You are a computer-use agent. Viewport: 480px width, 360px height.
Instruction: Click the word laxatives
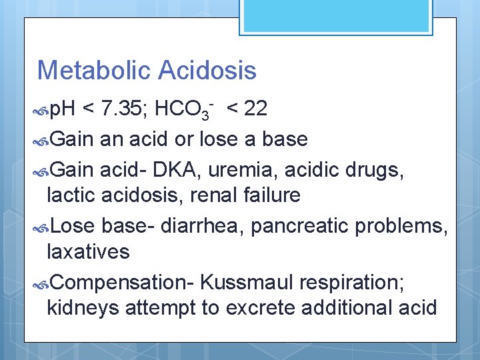click(x=88, y=252)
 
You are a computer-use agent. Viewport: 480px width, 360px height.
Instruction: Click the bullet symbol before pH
click(x=42, y=110)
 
